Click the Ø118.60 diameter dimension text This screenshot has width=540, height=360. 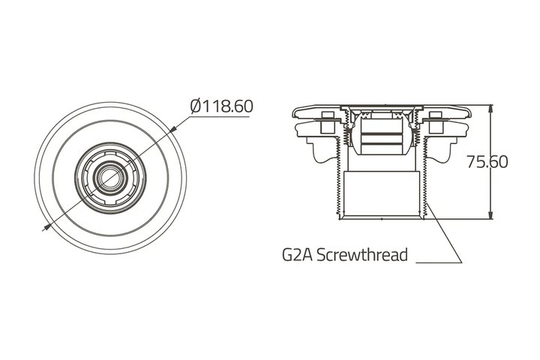click(222, 106)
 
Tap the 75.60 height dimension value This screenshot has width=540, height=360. click(487, 161)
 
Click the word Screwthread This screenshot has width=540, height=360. click(362, 254)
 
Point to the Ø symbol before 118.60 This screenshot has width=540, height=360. click(196, 106)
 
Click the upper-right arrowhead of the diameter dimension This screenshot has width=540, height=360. click(173, 129)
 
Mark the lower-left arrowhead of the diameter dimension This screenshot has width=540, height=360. click(46, 227)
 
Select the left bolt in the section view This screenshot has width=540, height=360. click(327, 123)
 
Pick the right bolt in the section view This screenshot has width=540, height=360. click(436, 123)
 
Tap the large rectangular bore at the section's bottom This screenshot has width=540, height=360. click(382, 193)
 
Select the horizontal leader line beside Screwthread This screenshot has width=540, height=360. click(439, 262)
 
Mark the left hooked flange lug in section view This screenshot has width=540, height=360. click(322, 151)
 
